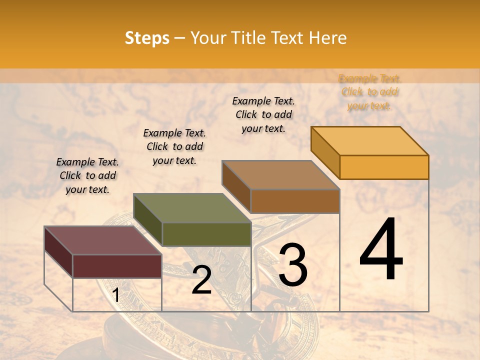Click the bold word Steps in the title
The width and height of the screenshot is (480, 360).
click(147, 38)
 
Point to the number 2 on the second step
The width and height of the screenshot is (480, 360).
click(201, 280)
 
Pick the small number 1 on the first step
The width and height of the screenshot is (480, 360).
click(115, 295)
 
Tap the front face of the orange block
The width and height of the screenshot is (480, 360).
click(384, 167)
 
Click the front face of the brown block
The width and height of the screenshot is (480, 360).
click(295, 201)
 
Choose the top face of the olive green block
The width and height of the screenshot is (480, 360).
click(192, 208)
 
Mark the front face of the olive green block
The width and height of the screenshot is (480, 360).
click(206, 234)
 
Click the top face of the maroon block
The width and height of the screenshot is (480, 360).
click(102, 240)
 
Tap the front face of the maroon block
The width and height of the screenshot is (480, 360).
click(117, 266)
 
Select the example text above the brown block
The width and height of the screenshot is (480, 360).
click(263, 114)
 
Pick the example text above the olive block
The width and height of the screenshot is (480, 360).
click(174, 146)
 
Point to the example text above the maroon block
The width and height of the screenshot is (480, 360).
click(87, 175)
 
